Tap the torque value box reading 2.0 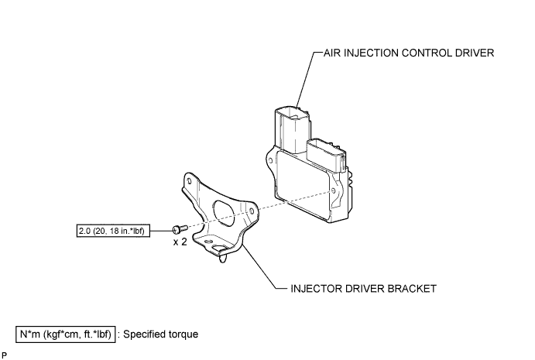point(113,231)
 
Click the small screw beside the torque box point(180,229)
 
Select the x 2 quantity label point(180,242)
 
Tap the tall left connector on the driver point(293,132)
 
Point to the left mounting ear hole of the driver point(270,160)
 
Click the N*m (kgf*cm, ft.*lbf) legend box point(66,334)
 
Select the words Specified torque point(160,334)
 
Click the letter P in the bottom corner point(4,355)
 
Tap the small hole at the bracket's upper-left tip point(190,181)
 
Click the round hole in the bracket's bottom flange point(218,248)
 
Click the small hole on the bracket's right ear point(252,211)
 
